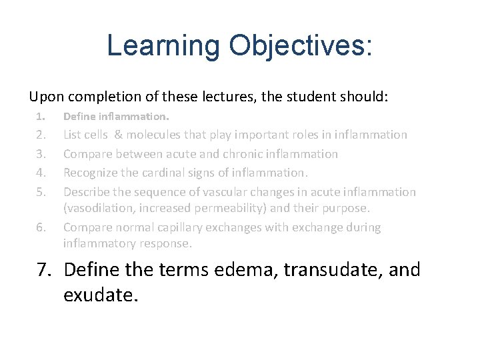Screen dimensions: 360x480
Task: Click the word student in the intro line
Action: pyautogui.click(x=313, y=97)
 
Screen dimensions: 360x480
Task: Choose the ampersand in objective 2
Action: pyautogui.click(x=118, y=135)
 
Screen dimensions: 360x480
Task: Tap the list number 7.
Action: pyautogui.click(x=43, y=270)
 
